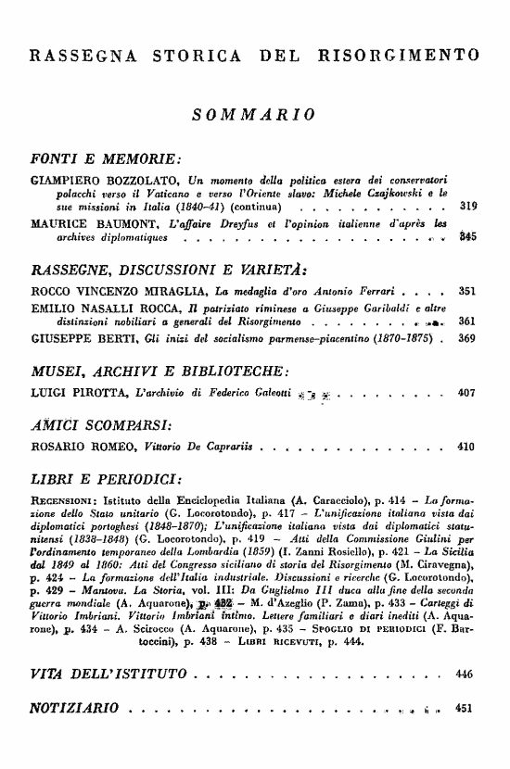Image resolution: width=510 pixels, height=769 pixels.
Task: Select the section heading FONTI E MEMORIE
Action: click(93, 153)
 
